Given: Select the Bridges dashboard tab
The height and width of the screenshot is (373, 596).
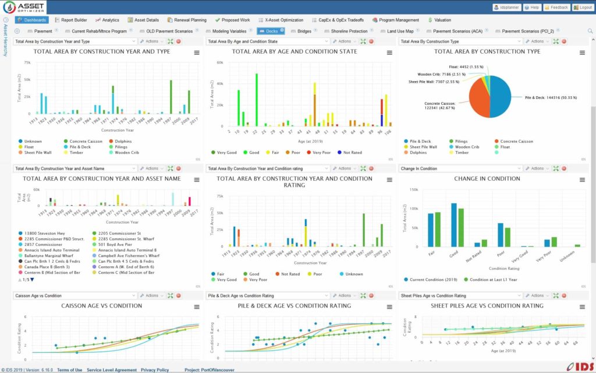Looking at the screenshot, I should (300, 31).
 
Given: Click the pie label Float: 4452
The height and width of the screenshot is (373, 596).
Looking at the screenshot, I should (466, 67).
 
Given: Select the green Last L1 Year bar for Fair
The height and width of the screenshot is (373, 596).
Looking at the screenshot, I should (438, 230).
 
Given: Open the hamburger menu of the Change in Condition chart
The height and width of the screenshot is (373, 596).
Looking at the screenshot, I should (582, 180).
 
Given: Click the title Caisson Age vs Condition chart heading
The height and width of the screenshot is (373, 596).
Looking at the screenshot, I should (101, 305).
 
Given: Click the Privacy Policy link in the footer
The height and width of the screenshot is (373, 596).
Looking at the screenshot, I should (154, 370).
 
